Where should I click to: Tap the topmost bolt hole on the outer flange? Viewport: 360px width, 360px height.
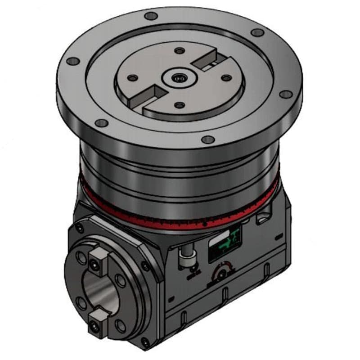[152, 16]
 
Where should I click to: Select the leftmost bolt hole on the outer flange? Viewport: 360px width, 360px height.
[75, 62]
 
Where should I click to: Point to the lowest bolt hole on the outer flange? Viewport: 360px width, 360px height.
[207, 139]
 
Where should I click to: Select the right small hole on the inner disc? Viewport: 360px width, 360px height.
[225, 77]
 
